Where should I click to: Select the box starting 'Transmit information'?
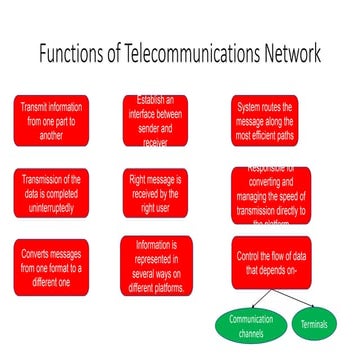click(x=51, y=120)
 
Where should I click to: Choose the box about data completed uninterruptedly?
click(x=51, y=190)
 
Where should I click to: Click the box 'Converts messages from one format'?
click(x=51, y=265)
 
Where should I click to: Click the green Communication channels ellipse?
click(x=251, y=323)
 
